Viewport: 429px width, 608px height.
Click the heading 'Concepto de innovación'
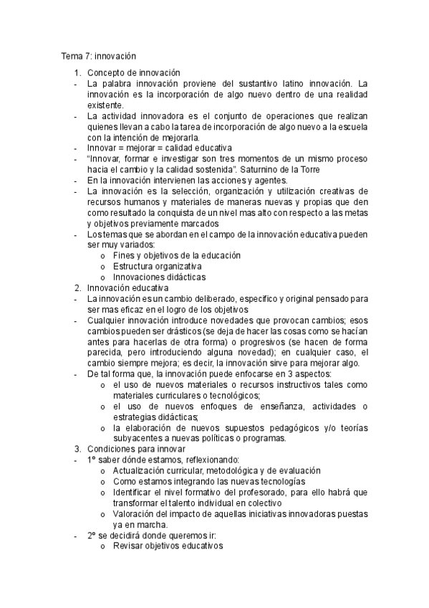click(133, 72)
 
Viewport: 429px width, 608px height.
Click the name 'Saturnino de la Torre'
click(279, 168)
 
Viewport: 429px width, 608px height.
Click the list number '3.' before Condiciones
click(78, 449)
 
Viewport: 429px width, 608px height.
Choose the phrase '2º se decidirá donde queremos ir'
click(155, 535)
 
